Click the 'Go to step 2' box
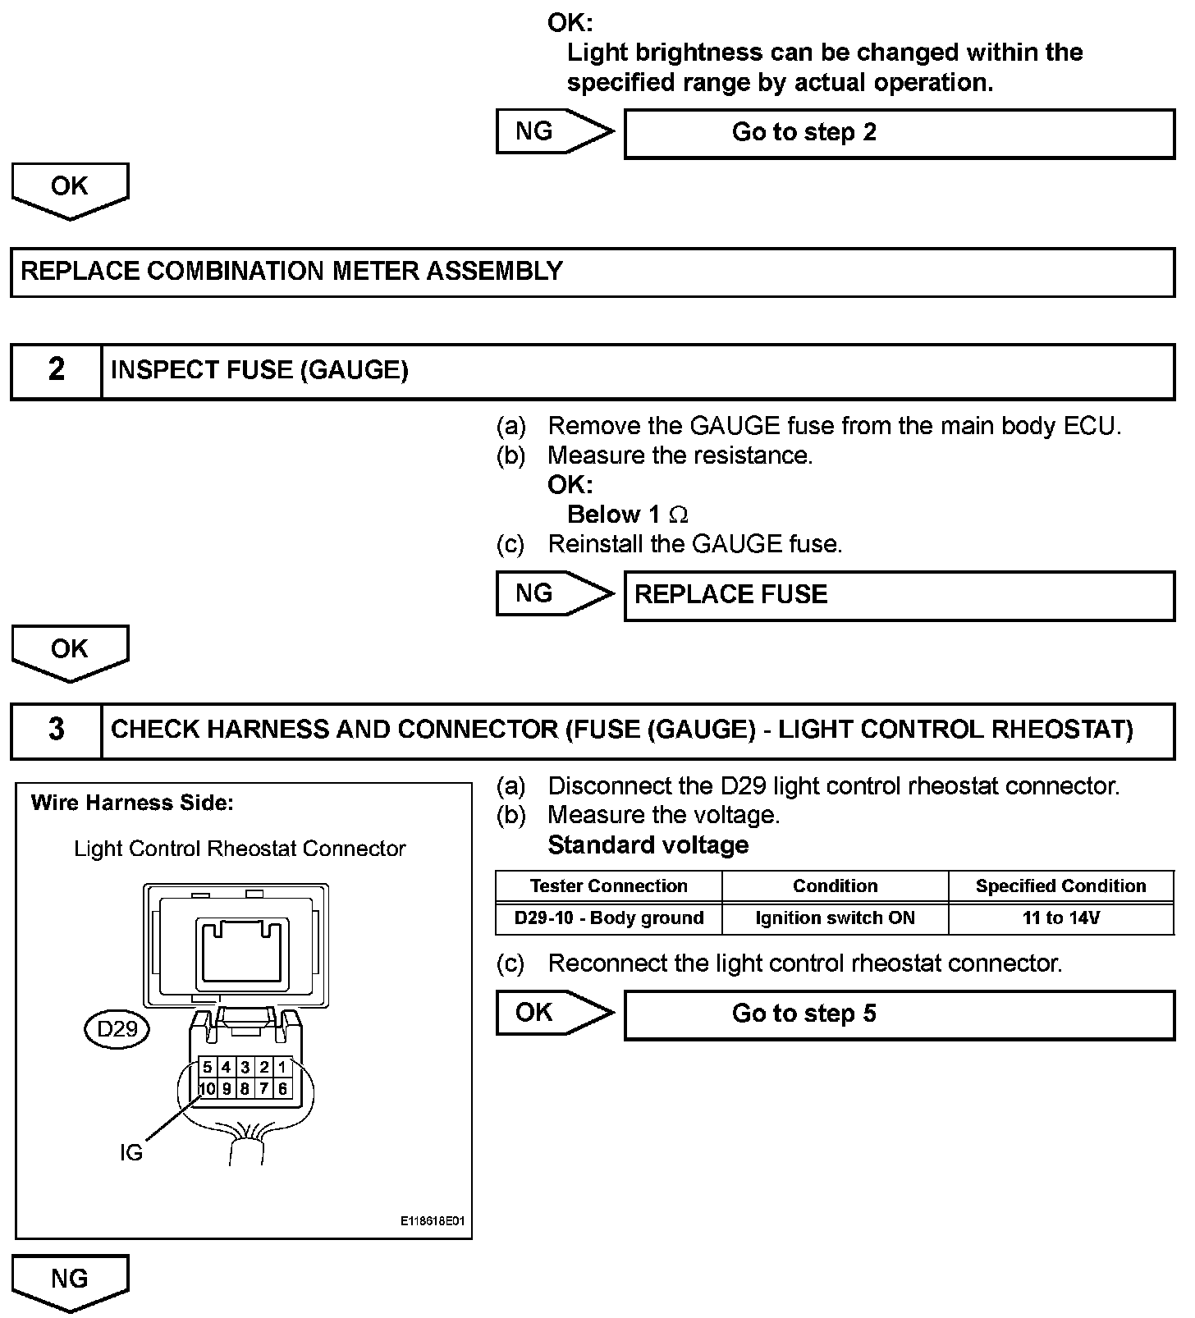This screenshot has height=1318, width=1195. point(899,134)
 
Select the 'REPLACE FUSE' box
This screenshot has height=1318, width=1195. point(899,595)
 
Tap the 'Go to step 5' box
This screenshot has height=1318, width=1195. point(899,1014)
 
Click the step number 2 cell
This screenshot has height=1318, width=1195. point(56,371)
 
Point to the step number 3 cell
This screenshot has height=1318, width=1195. point(56,730)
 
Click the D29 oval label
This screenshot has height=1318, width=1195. point(117,1029)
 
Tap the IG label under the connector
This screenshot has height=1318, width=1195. point(130,1153)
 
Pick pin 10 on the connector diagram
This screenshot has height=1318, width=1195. point(207,1089)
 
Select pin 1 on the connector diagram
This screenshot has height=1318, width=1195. point(282,1068)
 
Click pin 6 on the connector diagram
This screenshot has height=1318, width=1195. point(282,1089)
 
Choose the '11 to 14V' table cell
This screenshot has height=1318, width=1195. point(1060,918)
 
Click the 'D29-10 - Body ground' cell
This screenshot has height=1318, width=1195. point(609,918)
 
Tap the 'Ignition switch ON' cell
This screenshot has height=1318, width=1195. point(835,918)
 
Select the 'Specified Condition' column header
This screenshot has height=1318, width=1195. point(1060,886)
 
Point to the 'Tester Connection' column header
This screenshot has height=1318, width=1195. point(609,886)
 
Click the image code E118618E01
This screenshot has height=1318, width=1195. point(433,1221)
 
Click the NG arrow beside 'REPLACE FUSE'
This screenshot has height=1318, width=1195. point(554,594)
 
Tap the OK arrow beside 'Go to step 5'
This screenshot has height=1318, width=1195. point(554,1013)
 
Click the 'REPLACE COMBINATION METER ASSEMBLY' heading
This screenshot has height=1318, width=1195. point(291,272)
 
